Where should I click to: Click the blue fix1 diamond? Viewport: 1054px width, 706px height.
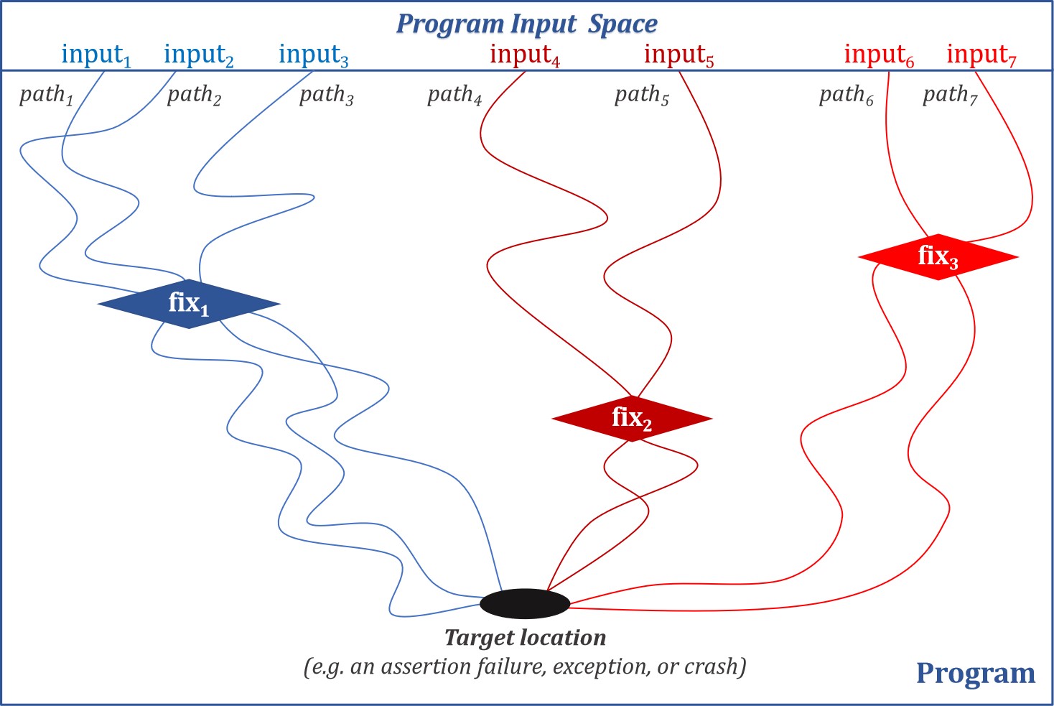point(189,304)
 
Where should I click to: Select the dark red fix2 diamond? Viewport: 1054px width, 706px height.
point(632,418)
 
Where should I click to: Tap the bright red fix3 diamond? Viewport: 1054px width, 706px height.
point(938,256)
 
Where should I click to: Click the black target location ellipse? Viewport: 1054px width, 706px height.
point(525,603)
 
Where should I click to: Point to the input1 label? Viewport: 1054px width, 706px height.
point(96,55)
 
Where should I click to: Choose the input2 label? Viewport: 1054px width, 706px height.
point(199,55)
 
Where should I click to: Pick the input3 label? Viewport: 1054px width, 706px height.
point(314,55)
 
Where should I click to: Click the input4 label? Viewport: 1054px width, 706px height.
point(525,55)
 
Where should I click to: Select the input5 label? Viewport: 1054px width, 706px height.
point(678,55)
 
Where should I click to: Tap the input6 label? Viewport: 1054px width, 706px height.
point(879,55)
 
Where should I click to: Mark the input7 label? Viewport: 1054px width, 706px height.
point(981,55)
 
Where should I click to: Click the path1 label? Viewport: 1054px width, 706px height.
point(47,95)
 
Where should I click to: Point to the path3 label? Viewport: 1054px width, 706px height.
point(327,95)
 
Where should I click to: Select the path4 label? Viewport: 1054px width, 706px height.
point(454,95)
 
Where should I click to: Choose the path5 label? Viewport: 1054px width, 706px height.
point(642,95)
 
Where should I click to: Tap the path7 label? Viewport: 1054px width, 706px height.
point(950,95)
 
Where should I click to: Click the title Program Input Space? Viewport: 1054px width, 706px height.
point(527,24)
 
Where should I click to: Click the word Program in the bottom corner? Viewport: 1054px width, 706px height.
point(976,673)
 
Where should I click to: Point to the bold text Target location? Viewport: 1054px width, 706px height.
point(525,638)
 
